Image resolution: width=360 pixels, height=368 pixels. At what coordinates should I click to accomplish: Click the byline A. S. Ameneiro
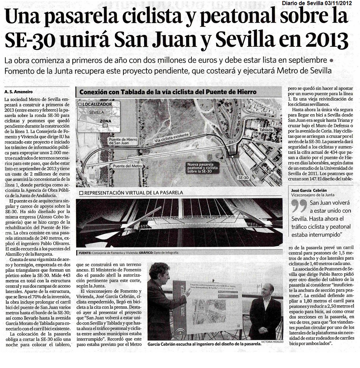pyautogui.click(x=18, y=91)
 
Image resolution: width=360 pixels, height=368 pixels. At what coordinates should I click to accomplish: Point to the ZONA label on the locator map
pyautogui.click(x=105, y=121)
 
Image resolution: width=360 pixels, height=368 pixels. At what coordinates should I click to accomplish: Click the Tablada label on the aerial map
pyautogui.click(x=265, y=130)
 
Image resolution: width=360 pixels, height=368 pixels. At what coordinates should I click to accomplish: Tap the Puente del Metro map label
pyautogui.click(x=127, y=166)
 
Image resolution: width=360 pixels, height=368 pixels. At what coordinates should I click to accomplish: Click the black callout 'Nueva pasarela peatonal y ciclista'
pyautogui.click(x=203, y=167)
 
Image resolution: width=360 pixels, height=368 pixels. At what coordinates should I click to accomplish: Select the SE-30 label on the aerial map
pyautogui.click(x=244, y=177)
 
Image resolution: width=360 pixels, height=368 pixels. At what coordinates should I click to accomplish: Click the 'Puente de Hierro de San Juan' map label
pyautogui.click(x=123, y=141)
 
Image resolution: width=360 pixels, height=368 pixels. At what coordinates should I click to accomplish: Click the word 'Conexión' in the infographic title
pyautogui.click(x=93, y=92)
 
